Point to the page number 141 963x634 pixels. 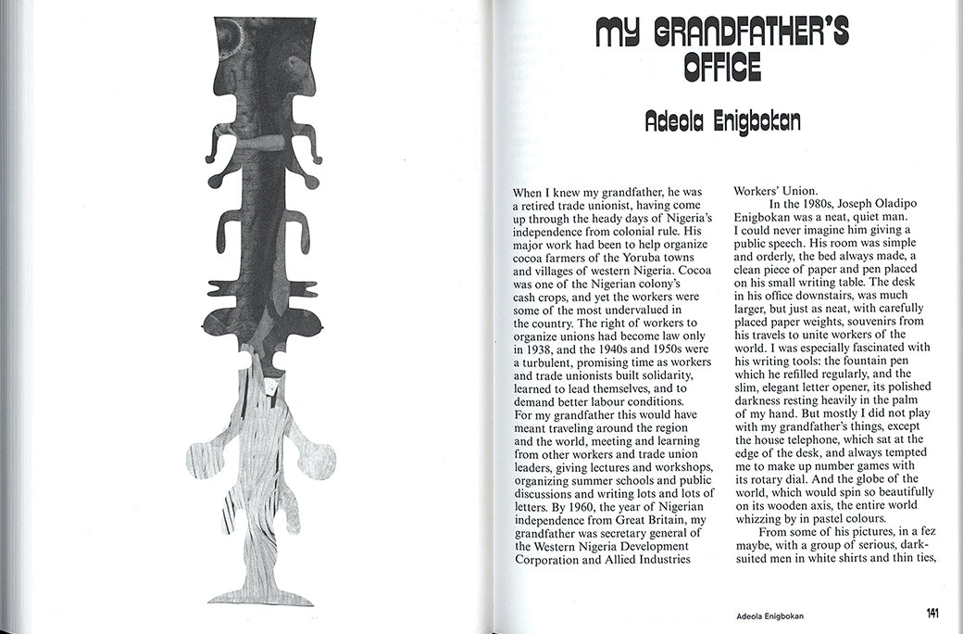coord(934,613)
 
